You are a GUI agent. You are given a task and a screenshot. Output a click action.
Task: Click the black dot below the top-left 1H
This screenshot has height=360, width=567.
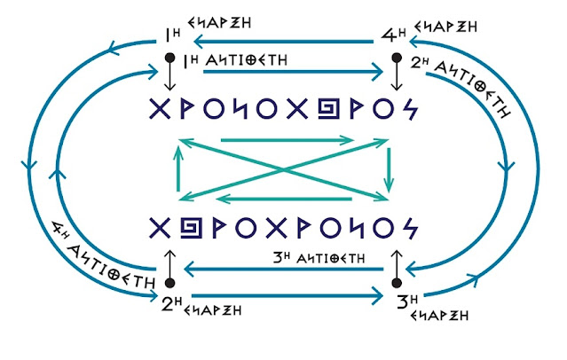pyautogui.click(x=168, y=58)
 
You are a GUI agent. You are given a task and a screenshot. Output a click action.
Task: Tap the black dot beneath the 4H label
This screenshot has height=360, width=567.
pyautogui.click(x=397, y=59)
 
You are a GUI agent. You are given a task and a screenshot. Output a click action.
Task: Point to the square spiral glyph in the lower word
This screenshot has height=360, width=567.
pyautogui.click(x=187, y=228)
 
